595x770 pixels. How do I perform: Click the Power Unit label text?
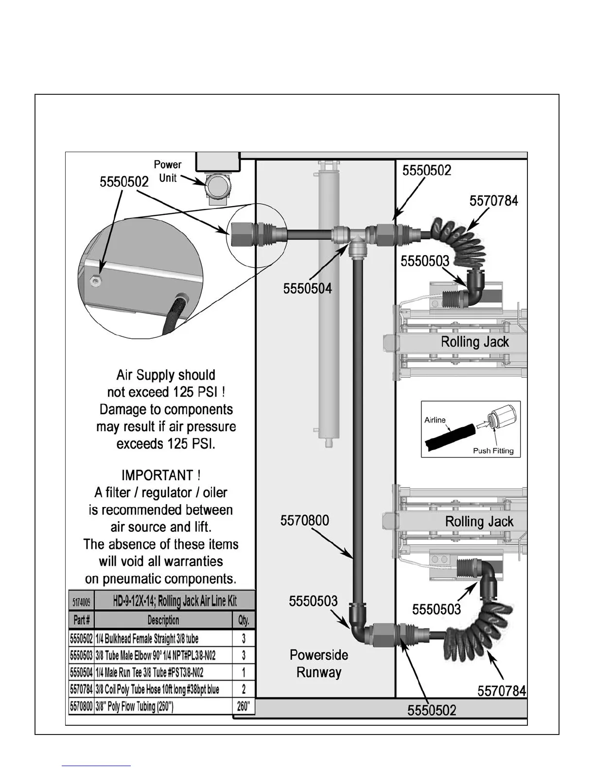click(x=168, y=171)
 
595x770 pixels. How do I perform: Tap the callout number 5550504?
click(x=307, y=288)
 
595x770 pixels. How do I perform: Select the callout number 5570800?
click(x=304, y=521)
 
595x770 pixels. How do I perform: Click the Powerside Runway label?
click(x=318, y=664)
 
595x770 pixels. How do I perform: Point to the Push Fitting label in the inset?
click(x=493, y=451)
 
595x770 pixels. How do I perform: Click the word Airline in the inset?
click(x=435, y=420)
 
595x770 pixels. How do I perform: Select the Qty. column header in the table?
click(x=244, y=620)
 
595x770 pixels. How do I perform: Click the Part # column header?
click(x=81, y=620)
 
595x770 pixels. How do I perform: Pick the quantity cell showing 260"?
click(x=244, y=706)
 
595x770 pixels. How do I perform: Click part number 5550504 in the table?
click(x=81, y=672)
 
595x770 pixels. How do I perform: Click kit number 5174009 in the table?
click(x=81, y=601)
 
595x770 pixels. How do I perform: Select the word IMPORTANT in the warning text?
click(x=157, y=475)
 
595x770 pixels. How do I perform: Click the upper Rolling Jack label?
click(x=474, y=342)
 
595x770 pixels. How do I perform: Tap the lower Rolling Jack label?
click(x=479, y=522)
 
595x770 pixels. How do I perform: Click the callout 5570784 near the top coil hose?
click(x=493, y=201)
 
